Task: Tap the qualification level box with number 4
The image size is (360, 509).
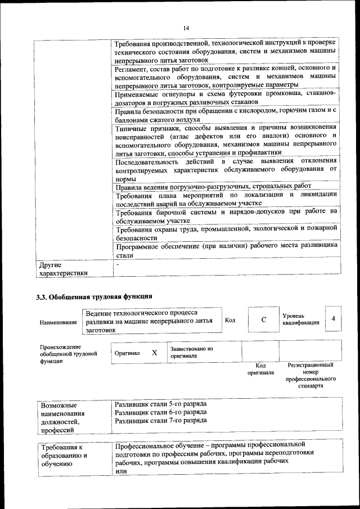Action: click(334, 319)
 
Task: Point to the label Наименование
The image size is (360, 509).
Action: click(58, 323)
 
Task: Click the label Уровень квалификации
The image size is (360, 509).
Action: click(301, 319)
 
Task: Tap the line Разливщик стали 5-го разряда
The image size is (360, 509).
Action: click(160, 404)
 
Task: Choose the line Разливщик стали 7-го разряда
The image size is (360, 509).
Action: click(160, 420)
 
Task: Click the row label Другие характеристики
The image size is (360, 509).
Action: click(62, 268)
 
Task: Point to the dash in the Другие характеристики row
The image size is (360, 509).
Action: click(118, 264)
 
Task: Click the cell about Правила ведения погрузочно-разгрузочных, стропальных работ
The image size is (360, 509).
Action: click(213, 186)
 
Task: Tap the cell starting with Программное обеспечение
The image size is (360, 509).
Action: click(226, 250)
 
